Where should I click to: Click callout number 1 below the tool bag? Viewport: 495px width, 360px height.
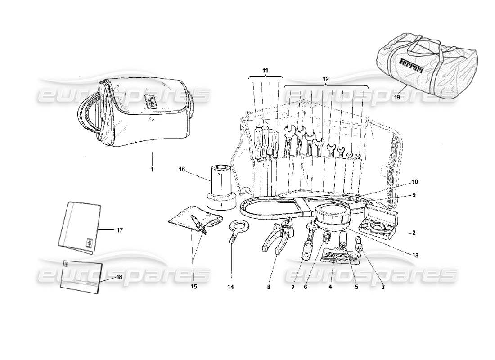152,170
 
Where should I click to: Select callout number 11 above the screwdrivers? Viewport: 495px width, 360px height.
265,71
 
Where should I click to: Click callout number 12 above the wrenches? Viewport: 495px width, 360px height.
326,79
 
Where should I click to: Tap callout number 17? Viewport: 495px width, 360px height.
119,230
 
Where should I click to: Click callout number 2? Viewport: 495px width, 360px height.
413,233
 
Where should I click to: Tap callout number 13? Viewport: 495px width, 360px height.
415,255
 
